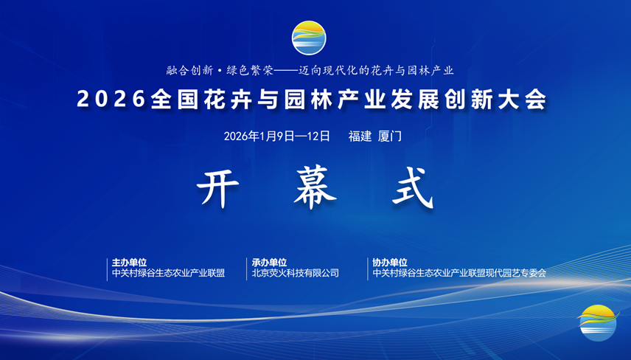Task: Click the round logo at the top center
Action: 308,38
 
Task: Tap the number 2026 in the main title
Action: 111,100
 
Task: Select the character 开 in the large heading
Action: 220,190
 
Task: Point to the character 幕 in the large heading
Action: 314,190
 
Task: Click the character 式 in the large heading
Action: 411,190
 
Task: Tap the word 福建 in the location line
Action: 360,136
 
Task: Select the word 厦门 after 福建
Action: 389,136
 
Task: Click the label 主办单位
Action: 129,262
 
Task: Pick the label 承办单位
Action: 269,262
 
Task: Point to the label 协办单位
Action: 389,262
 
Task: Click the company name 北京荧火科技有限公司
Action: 295,273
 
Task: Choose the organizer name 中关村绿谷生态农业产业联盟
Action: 168,273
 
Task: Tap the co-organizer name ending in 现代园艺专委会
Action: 459,273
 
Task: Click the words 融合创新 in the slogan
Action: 189,71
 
